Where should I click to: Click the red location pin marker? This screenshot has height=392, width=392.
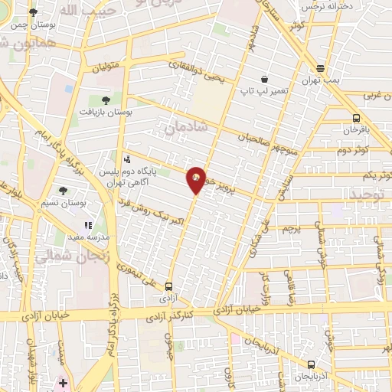point(196,179)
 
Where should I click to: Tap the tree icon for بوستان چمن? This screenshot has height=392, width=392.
point(33,12)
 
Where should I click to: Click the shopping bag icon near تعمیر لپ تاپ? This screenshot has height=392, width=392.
point(264,79)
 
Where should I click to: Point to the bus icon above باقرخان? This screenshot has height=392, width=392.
point(356,118)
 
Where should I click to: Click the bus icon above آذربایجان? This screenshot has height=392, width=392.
point(310,364)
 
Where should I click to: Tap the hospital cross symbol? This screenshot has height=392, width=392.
point(63,382)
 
